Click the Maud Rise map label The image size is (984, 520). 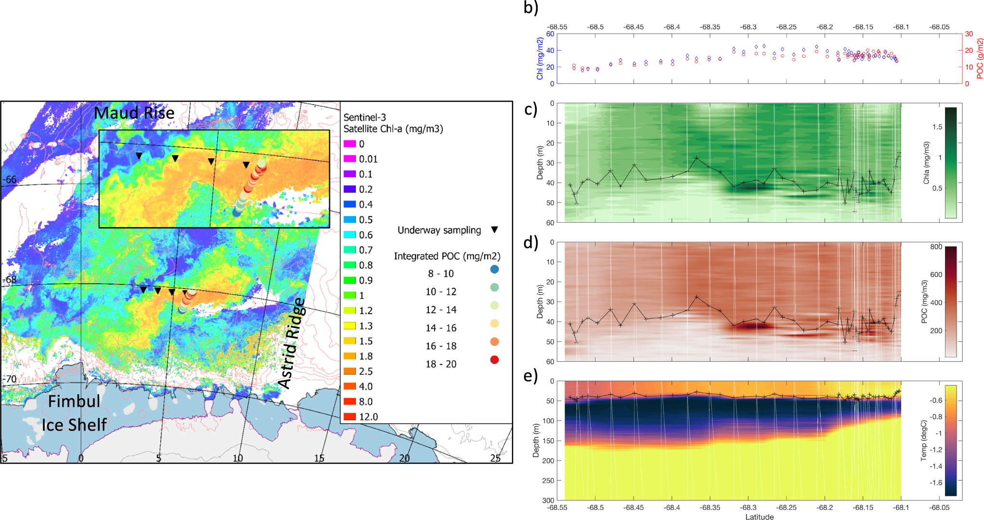134,113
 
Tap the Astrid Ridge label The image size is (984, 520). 292,343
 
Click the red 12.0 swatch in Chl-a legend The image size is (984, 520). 350,417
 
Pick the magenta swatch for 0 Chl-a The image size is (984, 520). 350,144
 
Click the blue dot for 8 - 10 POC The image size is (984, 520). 494,269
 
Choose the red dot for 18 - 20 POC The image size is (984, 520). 494,360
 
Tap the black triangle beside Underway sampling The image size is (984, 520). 494,230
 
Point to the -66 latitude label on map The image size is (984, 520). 10,179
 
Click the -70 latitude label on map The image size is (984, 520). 10,379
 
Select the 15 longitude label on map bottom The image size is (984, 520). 319,458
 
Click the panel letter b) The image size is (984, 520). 531,8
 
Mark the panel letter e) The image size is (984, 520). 531,375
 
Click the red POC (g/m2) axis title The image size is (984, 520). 979,59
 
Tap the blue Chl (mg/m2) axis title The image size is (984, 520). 540,59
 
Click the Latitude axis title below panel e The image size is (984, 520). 759,517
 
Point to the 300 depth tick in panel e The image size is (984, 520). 549,500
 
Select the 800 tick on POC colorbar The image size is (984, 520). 936,247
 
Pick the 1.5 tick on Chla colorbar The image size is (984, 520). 937,127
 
